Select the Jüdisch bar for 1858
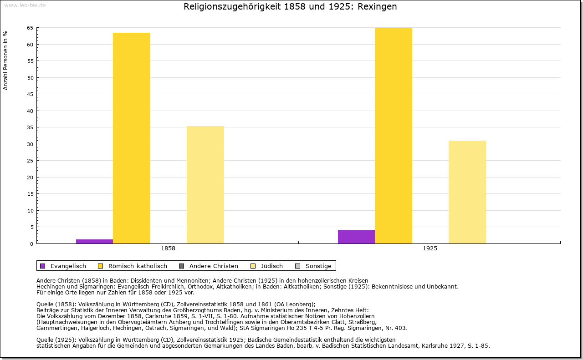205,184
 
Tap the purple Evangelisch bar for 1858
94,241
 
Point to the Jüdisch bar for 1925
467,192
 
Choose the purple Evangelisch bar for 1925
356,236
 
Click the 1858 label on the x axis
168,249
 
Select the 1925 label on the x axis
430,249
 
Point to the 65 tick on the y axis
30,28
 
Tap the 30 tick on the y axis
30,144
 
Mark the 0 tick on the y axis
31,244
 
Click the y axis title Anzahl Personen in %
6,60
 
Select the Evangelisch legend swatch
43,266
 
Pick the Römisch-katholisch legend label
138,266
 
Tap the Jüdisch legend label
272,266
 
